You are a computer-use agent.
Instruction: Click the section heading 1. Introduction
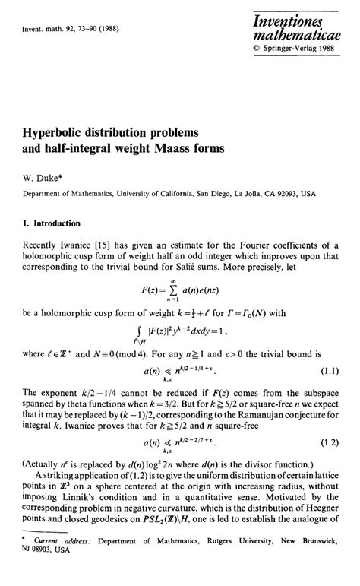click(x=55, y=225)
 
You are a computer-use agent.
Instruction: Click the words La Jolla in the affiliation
click(x=242, y=194)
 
